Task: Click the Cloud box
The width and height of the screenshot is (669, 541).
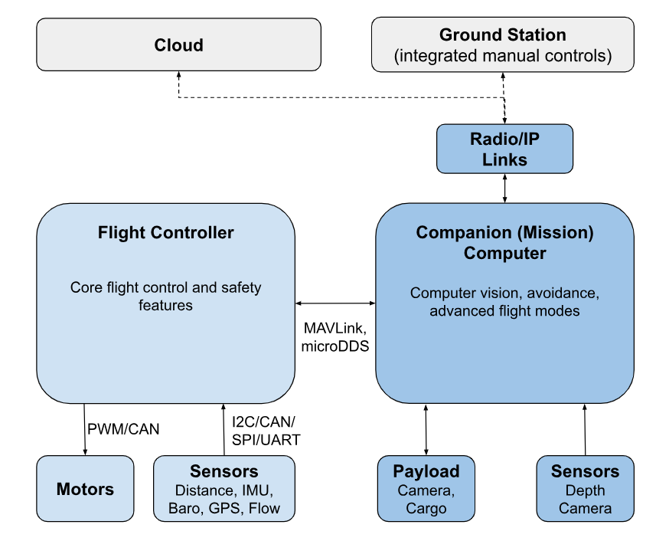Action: (x=178, y=45)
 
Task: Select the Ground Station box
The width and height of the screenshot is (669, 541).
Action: (x=502, y=45)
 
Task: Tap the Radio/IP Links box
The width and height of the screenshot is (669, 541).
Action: (x=504, y=148)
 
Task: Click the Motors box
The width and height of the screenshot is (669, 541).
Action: (x=85, y=489)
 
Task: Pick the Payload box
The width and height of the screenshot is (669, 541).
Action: (x=426, y=489)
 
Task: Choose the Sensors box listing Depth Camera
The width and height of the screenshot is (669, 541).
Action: (x=585, y=489)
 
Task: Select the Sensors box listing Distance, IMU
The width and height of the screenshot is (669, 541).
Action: (x=224, y=489)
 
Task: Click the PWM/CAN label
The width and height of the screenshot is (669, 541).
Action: (x=122, y=429)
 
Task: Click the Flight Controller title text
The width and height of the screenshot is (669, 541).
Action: (x=165, y=232)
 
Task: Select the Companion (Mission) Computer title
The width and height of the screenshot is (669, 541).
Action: (x=504, y=242)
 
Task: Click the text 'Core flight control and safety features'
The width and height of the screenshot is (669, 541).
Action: (x=165, y=297)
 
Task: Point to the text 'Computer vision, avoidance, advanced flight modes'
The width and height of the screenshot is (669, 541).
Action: (x=504, y=302)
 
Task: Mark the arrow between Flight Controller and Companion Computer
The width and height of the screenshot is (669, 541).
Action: (x=334, y=303)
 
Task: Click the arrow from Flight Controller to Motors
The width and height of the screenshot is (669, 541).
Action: (x=85, y=429)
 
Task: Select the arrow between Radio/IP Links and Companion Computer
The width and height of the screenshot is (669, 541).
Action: (x=504, y=188)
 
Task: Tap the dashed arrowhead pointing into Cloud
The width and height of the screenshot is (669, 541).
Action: (x=178, y=76)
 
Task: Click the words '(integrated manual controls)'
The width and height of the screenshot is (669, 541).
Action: (x=502, y=56)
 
